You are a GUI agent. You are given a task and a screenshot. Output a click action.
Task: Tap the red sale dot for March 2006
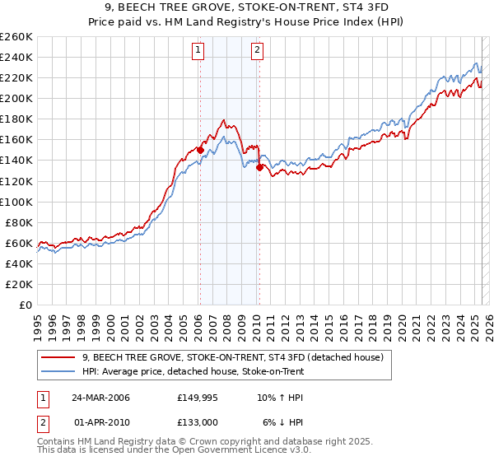click(x=200, y=150)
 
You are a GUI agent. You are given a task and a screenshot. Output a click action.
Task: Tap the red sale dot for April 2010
click(x=259, y=167)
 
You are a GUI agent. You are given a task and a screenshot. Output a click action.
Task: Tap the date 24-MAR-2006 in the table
click(x=100, y=398)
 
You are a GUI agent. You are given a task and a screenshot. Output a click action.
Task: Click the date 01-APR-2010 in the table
click(x=100, y=422)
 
